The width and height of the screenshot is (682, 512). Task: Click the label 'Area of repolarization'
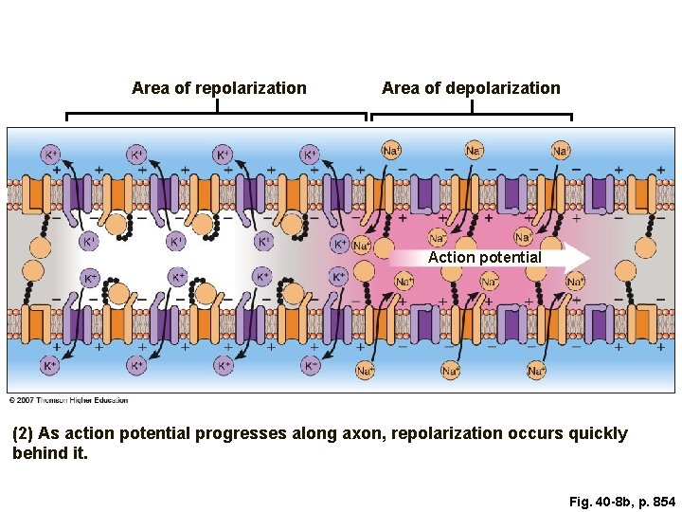(x=219, y=88)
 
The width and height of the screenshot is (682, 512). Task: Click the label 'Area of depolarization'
(x=471, y=88)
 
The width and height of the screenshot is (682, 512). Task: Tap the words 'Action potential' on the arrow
(x=484, y=257)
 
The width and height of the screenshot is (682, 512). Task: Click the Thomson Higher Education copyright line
(x=68, y=400)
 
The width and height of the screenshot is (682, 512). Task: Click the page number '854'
(x=662, y=501)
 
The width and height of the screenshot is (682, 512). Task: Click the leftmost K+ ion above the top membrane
(x=51, y=154)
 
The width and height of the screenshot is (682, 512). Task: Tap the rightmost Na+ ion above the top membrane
(x=562, y=150)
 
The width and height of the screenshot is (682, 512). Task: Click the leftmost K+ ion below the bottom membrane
(x=51, y=365)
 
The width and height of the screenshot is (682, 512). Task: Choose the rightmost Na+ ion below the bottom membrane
(x=536, y=371)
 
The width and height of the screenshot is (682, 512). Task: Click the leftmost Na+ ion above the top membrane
(x=391, y=150)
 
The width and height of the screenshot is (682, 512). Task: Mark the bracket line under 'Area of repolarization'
(x=216, y=115)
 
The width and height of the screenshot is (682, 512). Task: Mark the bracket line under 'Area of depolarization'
(x=471, y=115)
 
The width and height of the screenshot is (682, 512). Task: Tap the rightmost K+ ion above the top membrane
(x=310, y=154)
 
